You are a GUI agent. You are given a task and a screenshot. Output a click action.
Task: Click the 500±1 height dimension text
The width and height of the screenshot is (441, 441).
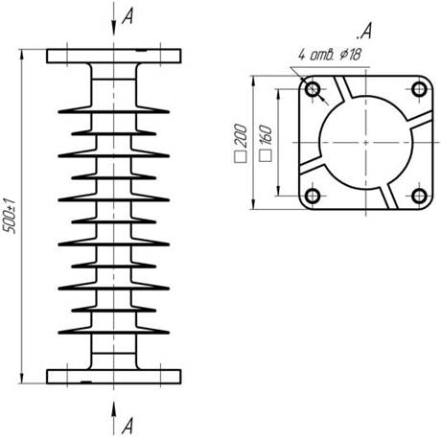(10, 216)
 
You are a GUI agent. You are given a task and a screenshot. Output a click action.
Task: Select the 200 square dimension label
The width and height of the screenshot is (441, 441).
(242, 135)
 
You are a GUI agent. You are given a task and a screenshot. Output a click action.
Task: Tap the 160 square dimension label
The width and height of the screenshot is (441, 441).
(267, 136)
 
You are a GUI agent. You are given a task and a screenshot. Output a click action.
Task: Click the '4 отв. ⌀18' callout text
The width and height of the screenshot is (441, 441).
(330, 55)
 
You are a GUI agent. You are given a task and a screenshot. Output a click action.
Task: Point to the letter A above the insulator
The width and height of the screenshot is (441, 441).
(128, 16)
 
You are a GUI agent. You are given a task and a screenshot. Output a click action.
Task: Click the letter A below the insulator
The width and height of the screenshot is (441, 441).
(127, 426)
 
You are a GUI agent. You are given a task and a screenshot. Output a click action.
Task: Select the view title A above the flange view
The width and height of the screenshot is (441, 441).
(364, 32)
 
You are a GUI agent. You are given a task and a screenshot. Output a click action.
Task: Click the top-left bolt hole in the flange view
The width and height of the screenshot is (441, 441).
(313, 89)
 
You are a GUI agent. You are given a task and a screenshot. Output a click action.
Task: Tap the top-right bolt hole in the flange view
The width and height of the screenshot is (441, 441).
(419, 89)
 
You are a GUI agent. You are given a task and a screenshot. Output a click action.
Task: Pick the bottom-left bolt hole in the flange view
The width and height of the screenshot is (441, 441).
(313, 196)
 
